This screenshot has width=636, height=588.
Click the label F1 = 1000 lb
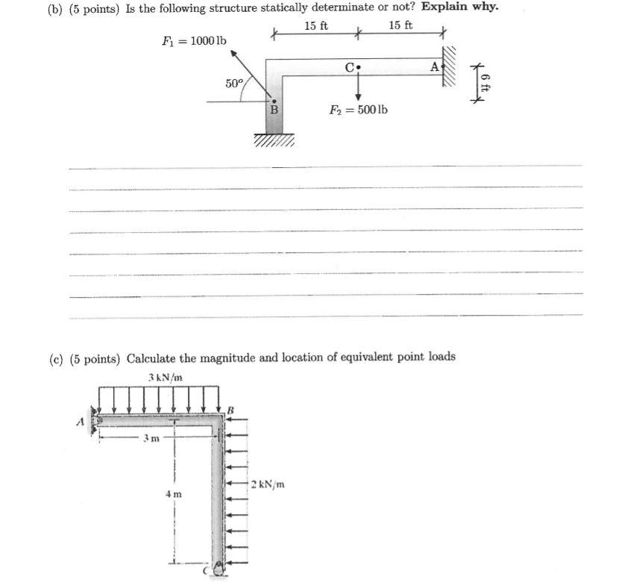(x=194, y=40)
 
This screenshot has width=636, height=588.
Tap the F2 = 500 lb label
(x=359, y=110)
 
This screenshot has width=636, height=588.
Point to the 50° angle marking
(x=233, y=84)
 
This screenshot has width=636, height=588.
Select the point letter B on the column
(x=274, y=110)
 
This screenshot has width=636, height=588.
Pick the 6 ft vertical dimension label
(x=485, y=81)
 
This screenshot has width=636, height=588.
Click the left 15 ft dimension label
(x=317, y=26)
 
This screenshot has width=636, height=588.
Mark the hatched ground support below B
(x=274, y=140)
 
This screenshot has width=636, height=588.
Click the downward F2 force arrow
(x=359, y=87)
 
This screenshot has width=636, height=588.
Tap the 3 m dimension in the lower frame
(x=151, y=438)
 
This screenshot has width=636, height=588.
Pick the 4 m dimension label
(x=172, y=494)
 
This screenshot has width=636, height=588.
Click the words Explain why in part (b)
(x=459, y=7)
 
